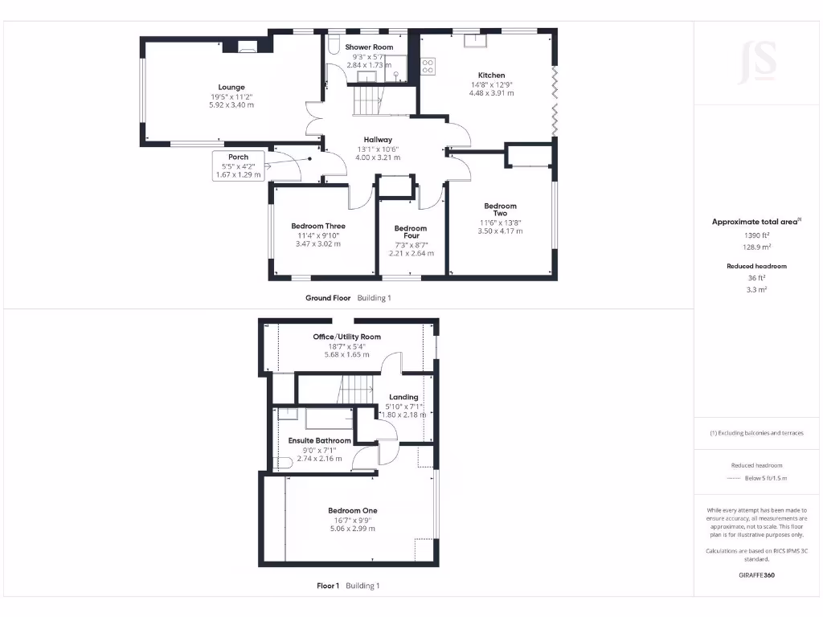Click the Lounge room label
tap(231, 87)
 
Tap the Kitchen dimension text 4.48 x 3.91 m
tap(491, 93)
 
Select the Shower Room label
tap(369, 47)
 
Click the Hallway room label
tap(377, 139)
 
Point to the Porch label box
tap(238, 165)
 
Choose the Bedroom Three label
tap(318, 226)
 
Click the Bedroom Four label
tap(411, 232)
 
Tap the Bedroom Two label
tap(500, 210)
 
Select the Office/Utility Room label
tap(347, 337)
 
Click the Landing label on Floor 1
tap(403, 397)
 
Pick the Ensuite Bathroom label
tap(320, 440)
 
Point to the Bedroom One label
tap(352, 510)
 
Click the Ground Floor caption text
tap(328, 297)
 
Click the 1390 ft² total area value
tap(755, 235)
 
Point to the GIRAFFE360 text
tap(756, 575)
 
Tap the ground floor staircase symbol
tap(366, 102)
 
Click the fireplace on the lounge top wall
tap(248, 46)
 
